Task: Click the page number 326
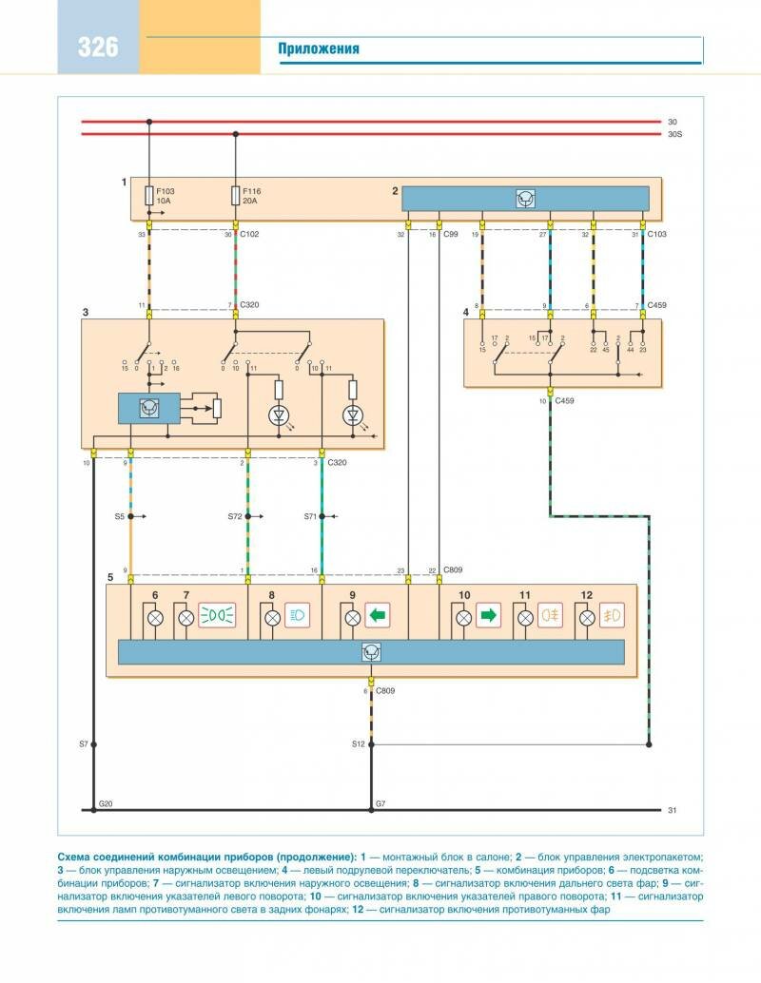pyautogui.click(x=98, y=46)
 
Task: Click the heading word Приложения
pyautogui.click(x=319, y=49)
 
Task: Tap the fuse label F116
pyautogui.click(x=251, y=191)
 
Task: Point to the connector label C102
pyautogui.click(x=250, y=234)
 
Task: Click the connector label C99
pyautogui.click(x=451, y=234)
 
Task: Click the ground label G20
pyautogui.click(x=106, y=804)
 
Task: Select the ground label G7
pyautogui.click(x=380, y=804)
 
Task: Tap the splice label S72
pyautogui.click(x=235, y=516)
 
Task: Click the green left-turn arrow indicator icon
pyautogui.click(x=377, y=617)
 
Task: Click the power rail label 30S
pyautogui.click(x=675, y=135)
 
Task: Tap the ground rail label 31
pyautogui.click(x=673, y=810)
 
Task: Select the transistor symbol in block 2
pyautogui.click(x=525, y=199)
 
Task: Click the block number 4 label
pyautogui.click(x=466, y=312)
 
